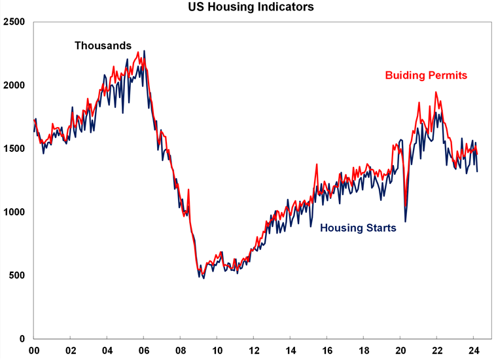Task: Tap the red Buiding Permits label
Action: tap(426, 75)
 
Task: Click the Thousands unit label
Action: tap(103, 46)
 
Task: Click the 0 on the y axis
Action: tap(22, 339)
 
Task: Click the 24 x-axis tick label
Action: tap(474, 351)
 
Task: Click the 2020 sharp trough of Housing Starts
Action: tap(405, 221)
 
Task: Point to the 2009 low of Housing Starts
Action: tap(204, 278)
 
